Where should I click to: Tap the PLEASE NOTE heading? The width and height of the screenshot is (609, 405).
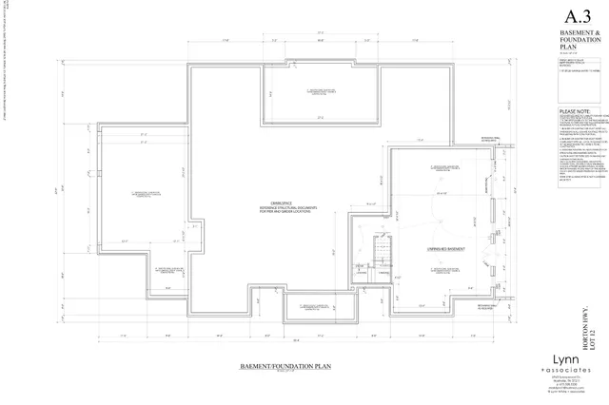(574, 137)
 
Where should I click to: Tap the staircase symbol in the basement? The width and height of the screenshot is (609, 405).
(382, 251)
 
